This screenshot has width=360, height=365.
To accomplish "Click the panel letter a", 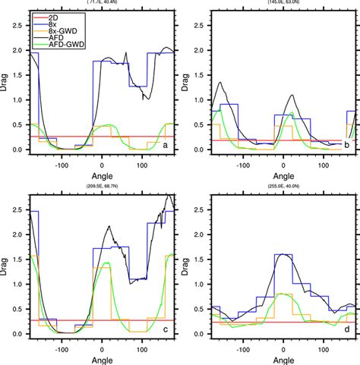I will click(166, 143).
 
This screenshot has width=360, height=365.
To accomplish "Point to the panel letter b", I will click(346, 143).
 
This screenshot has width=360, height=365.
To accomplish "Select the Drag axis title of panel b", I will click(186, 80).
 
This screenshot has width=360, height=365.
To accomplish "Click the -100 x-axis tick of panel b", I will click(243, 162).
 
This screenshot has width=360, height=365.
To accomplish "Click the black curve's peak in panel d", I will click(283, 254).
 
